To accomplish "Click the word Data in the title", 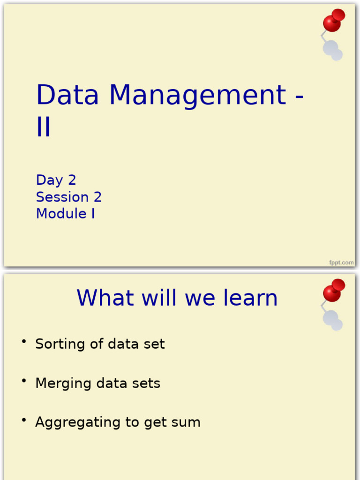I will (x=67, y=95).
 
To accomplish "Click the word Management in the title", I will (x=197, y=95).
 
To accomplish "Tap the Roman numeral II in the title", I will (x=43, y=127).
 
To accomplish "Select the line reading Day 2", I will (x=56, y=180).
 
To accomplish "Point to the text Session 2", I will (x=68, y=197).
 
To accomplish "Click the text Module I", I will (x=65, y=214).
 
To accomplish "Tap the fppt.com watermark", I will (x=341, y=262).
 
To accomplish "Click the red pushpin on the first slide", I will (x=333, y=21).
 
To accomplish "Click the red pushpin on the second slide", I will (x=333, y=291).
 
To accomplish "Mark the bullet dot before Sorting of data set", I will (x=23, y=341).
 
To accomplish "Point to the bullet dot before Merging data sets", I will (x=23, y=381).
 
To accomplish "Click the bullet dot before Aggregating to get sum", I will (x=23, y=420).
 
